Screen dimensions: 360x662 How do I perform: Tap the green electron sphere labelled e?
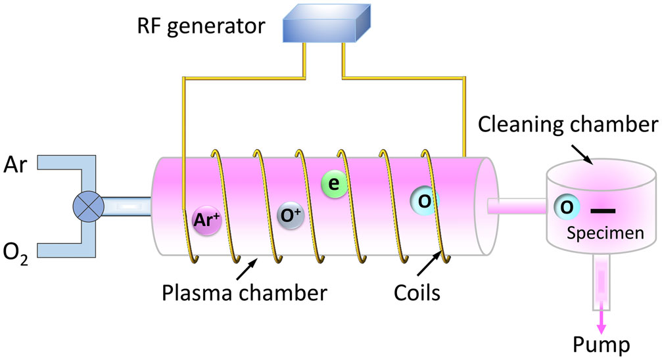(x=334, y=185)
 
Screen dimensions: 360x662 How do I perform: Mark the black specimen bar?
(x=603, y=211)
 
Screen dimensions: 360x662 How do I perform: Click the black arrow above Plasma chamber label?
(x=246, y=267)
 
